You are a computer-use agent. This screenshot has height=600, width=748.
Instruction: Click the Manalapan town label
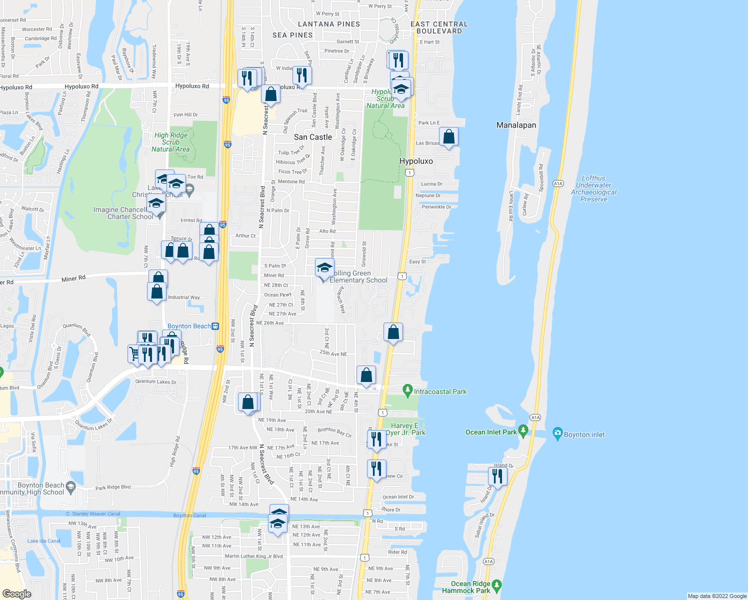(x=516, y=125)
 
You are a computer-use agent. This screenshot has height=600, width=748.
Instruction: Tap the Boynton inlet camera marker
(x=557, y=434)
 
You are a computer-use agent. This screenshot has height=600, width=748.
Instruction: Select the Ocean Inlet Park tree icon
(x=523, y=430)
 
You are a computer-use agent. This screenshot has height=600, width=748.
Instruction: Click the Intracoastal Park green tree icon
(x=407, y=389)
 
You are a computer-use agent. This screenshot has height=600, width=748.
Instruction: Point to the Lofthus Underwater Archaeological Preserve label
(x=593, y=188)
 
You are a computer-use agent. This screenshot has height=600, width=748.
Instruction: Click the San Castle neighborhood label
(x=313, y=137)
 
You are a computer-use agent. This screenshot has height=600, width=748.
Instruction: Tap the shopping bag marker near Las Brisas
(x=448, y=136)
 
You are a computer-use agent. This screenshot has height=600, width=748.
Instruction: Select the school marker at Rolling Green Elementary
(x=324, y=268)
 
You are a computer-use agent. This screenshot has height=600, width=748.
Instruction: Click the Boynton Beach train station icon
(x=215, y=326)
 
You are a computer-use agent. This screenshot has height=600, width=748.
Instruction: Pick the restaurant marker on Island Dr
(x=497, y=476)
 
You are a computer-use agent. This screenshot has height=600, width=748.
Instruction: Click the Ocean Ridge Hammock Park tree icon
(x=496, y=585)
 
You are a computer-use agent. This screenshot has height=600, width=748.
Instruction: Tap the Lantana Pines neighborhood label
(x=328, y=24)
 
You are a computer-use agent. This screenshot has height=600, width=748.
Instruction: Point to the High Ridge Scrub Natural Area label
(x=170, y=142)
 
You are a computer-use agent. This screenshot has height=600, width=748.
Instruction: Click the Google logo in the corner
(x=16, y=593)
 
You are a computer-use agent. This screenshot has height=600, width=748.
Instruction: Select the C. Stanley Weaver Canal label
(x=93, y=513)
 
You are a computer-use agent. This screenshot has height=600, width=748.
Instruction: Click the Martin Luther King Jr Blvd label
(x=253, y=556)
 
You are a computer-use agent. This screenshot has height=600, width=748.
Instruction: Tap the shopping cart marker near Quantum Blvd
(x=134, y=353)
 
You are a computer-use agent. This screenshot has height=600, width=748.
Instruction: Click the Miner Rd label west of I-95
(x=73, y=278)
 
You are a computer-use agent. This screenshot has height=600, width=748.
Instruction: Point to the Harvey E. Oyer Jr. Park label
(x=405, y=429)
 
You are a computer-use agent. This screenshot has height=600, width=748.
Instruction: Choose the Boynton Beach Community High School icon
(x=70, y=486)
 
